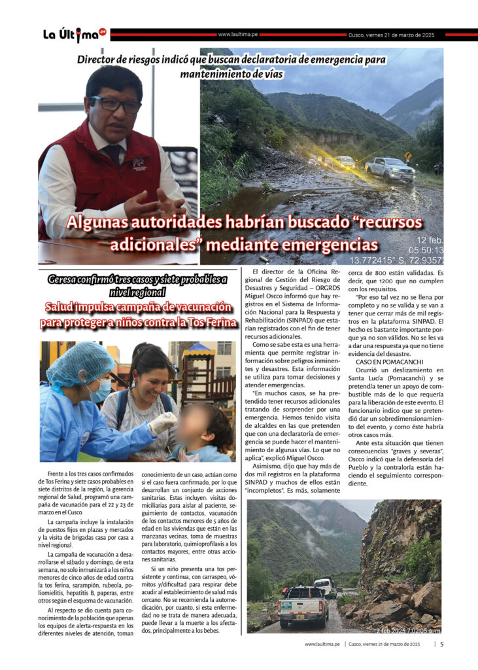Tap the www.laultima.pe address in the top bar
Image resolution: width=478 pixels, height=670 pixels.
(x=237, y=35)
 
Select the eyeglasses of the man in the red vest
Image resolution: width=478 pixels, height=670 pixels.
(x=115, y=103)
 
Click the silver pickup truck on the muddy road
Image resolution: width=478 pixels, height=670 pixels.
(x=390, y=169)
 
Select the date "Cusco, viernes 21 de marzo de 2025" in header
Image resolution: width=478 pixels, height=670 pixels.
(x=391, y=35)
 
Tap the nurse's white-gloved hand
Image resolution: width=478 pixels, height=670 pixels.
(x=162, y=423)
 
